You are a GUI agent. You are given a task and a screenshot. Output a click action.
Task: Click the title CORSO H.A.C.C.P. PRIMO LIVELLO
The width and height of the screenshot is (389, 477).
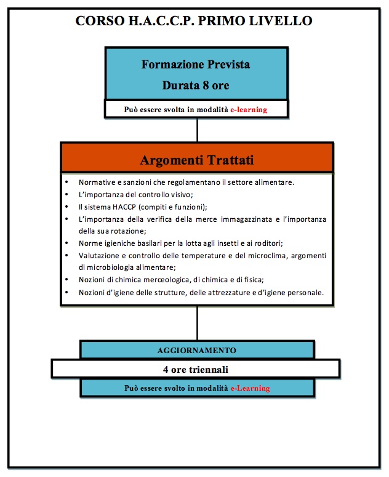pos(194,21)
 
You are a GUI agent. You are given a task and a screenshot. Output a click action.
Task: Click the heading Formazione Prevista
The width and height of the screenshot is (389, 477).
pos(196,64)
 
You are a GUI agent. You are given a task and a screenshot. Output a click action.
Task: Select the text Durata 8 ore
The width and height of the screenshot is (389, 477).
pos(196,85)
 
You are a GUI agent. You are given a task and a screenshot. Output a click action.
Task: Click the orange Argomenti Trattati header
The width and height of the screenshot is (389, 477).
pos(197,160)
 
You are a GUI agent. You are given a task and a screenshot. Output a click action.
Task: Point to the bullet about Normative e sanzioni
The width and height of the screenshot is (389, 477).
pos(195,182)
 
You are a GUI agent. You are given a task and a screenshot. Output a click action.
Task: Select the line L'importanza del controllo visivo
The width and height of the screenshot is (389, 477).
pos(136,194)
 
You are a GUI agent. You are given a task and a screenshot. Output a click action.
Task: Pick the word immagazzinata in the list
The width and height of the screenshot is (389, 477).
pos(259,219)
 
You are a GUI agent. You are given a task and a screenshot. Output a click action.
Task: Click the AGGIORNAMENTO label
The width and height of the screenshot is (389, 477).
pos(197,349)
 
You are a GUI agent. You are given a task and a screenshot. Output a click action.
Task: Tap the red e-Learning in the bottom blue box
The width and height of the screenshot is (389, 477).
pos(250,388)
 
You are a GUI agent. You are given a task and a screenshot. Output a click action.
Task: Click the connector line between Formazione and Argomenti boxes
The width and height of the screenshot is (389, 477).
pos(197,130)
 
